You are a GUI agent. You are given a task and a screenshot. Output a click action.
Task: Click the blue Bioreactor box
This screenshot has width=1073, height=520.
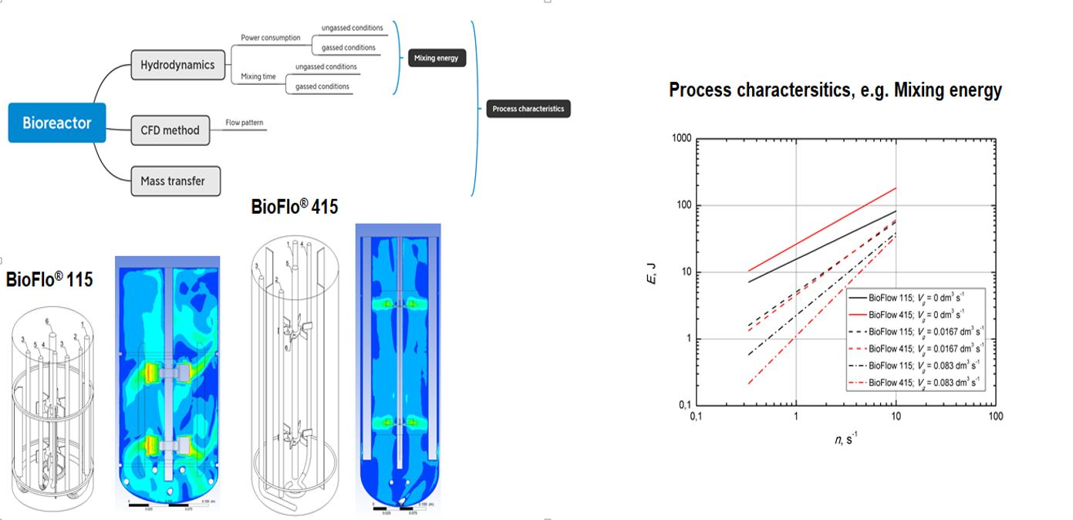coord(57,123)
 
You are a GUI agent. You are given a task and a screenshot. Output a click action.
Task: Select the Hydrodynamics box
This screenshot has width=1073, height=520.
coord(177,65)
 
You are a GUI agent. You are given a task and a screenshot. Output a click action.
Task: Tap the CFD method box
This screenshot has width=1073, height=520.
coord(170,130)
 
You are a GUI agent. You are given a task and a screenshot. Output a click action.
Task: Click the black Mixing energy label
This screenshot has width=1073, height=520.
coord(436,58)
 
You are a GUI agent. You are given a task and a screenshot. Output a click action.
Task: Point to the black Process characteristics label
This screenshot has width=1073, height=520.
coord(528,109)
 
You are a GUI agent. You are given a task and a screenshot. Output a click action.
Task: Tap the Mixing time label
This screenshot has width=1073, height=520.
coord(258,76)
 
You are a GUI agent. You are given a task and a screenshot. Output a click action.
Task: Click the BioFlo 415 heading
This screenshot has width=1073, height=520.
coord(295,206)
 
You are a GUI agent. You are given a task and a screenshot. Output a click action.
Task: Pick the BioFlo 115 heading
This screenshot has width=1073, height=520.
coord(49,279)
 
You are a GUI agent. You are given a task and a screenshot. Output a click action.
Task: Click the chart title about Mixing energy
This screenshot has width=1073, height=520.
coord(835,90)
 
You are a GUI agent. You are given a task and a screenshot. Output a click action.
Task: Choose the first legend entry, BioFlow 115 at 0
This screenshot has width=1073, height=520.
coord(915,296)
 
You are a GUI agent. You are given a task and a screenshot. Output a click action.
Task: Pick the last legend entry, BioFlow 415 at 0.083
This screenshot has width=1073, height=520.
coord(915,383)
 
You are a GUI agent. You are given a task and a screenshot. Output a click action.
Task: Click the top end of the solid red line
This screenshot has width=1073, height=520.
coord(896,187)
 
